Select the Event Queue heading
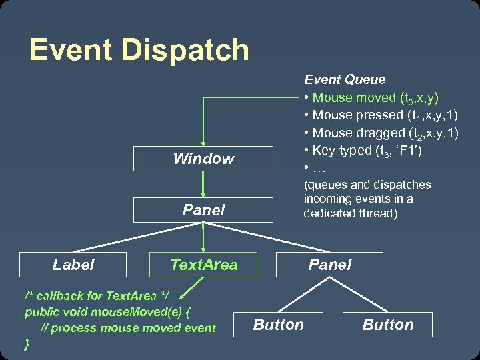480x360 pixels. point(345,79)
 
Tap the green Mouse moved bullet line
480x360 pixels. point(371,97)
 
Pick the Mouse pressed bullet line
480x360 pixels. point(380,115)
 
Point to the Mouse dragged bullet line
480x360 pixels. point(381,133)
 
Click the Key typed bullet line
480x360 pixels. point(363,150)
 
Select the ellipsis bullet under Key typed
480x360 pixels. point(313,167)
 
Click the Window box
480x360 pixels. point(203,159)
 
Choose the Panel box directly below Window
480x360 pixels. point(203,209)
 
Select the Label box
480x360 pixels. point(73,265)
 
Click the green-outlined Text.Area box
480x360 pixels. point(203,265)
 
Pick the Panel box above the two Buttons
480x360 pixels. point(329,265)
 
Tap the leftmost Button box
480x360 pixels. point(278,325)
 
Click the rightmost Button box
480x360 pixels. point(388,325)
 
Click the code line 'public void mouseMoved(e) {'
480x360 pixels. point(108,311)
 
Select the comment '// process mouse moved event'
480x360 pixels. point(128,327)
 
